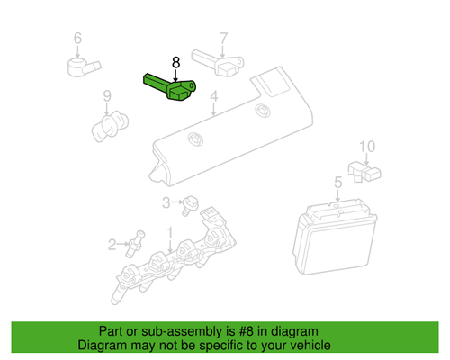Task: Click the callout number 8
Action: coord(175,62)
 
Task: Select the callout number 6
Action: coord(76,38)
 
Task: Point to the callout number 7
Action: coord(223,39)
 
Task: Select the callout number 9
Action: coord(105,95)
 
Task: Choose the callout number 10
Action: coord(366,146)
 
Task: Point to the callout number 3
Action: coord(166,202)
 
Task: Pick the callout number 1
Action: coord(169,232)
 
